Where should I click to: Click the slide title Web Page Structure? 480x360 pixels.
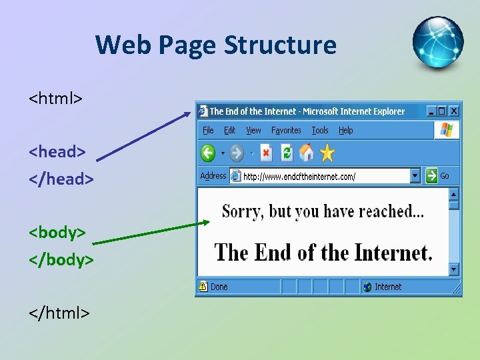215,45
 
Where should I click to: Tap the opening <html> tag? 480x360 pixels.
55,99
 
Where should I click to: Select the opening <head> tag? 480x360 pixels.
57,151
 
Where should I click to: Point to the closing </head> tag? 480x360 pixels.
61,179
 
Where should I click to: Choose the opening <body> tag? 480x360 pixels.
57,232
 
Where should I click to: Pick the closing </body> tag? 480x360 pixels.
61,259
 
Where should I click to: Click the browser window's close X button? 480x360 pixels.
453,111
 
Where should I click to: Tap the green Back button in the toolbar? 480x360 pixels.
208,153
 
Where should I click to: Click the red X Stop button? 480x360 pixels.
266,153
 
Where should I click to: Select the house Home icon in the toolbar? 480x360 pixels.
307,153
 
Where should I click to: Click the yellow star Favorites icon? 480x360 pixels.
327,153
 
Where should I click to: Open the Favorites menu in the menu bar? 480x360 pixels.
286,131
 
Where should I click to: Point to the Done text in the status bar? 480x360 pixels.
219,287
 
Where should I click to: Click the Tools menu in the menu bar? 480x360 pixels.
320,131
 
